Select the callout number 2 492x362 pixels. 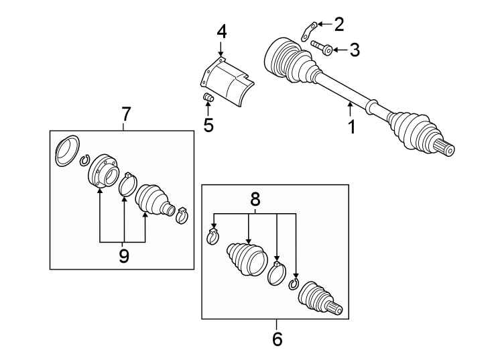pos(339,25)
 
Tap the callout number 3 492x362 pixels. pos(355,50)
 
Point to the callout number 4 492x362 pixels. pos(221,31)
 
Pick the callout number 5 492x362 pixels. pos(208,125)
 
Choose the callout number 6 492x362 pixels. pos(277,339)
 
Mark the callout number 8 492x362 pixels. pos(254,199)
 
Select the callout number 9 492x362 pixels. pos(123,256)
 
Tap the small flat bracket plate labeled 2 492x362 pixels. pos(308,29)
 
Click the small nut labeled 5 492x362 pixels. pos(208,100)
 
